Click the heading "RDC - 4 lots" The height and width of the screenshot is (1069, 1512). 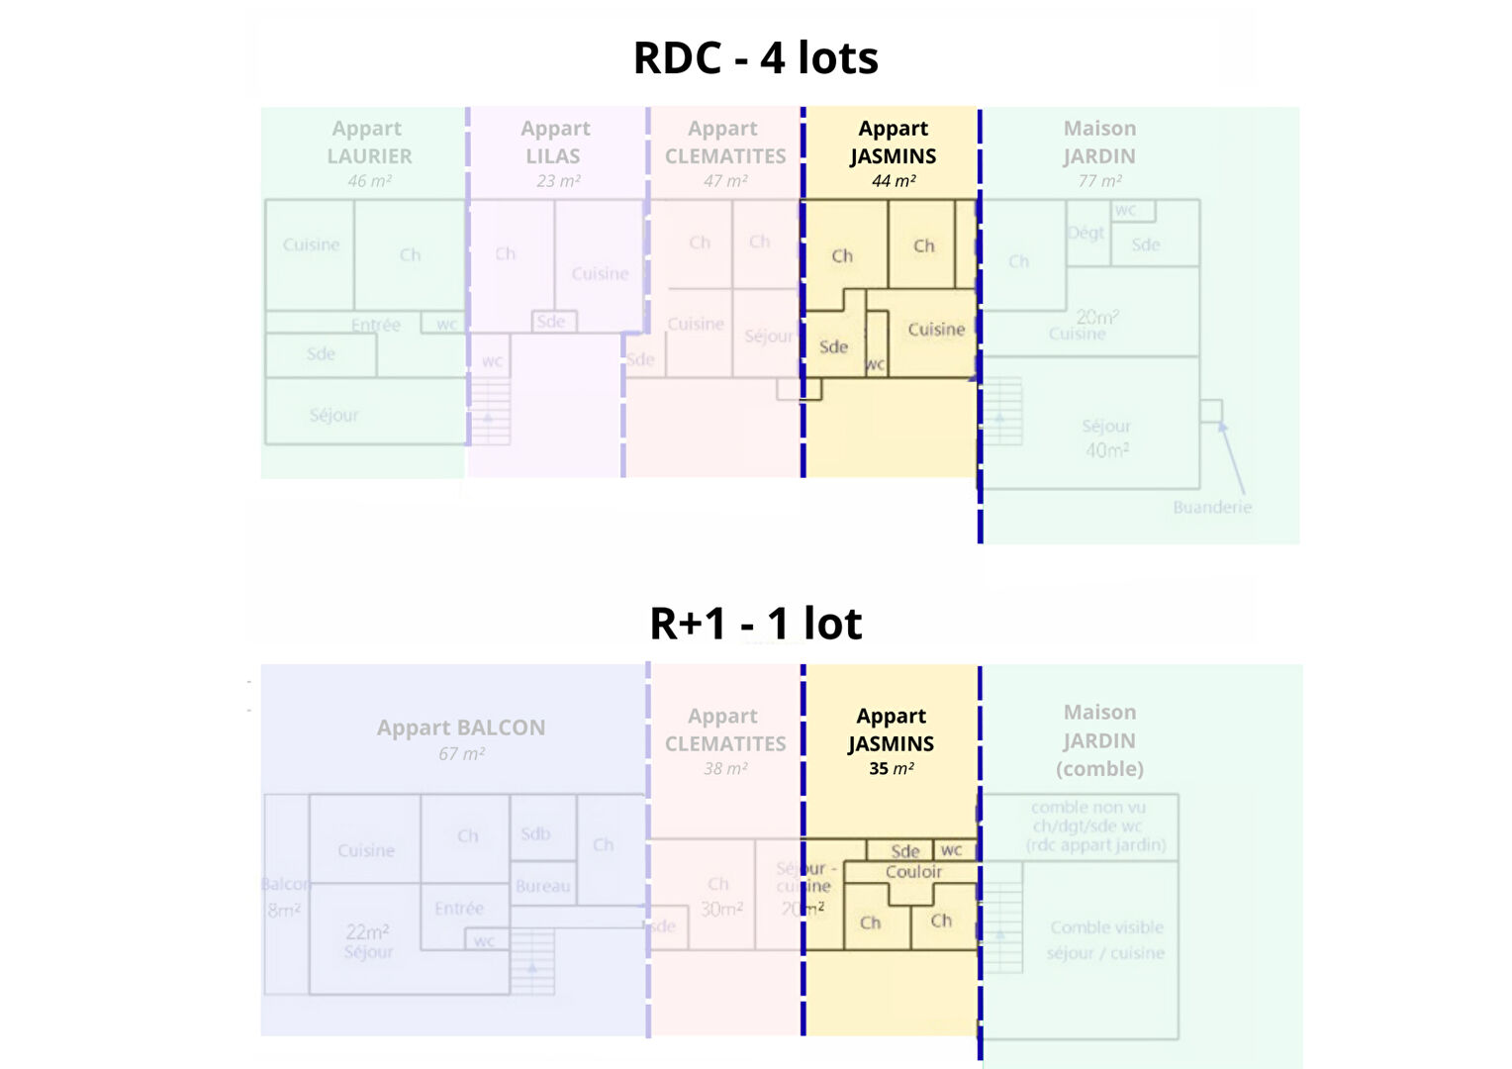tap(755, 57)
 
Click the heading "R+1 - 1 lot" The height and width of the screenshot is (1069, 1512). tap(755, 624)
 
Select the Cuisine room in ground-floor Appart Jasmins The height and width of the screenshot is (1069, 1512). tap(935, 330)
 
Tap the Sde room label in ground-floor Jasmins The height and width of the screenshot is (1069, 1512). tap(833, 347)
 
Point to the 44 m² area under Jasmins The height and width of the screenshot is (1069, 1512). tap(893, 181)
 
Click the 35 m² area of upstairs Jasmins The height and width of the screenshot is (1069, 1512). tap(891, 769)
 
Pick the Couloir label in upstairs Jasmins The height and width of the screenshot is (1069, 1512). tap(913, 872)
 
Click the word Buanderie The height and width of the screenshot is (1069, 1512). tap(1212, 507)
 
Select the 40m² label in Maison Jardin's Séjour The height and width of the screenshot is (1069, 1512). tap(1106, 449)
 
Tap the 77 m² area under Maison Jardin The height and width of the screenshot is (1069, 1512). tap(1099, 181)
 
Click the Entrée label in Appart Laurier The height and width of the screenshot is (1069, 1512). tap(376, 325)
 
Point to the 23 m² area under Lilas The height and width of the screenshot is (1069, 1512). tap(558, 181)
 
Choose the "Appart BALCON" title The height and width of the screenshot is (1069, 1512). tap(461, 728)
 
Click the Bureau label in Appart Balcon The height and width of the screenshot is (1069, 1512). tap(542, 886)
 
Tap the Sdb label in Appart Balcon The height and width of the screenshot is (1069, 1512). tap(535, 833)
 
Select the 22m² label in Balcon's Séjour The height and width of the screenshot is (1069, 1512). tap(367, 931)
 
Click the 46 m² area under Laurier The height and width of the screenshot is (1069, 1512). tap(369, 181)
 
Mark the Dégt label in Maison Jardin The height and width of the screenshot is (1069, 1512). tap(1086, 233)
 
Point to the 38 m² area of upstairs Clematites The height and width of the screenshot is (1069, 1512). tap(725, 769)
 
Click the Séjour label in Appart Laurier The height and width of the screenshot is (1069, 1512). tap(334, 415)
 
